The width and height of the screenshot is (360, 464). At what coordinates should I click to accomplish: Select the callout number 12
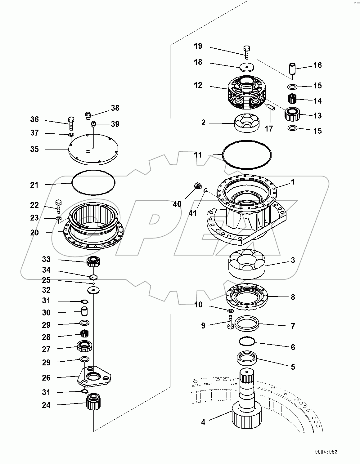coord(198,85)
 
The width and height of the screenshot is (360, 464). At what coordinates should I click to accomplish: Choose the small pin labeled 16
coord(292,69)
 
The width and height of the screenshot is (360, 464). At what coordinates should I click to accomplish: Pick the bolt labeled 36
coord(71,123)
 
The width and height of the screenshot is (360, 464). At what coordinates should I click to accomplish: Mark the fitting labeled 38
coord(88,116)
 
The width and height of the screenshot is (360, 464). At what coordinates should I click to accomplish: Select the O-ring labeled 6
coord(247,341)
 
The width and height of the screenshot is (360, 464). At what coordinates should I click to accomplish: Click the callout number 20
coord(34,232)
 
